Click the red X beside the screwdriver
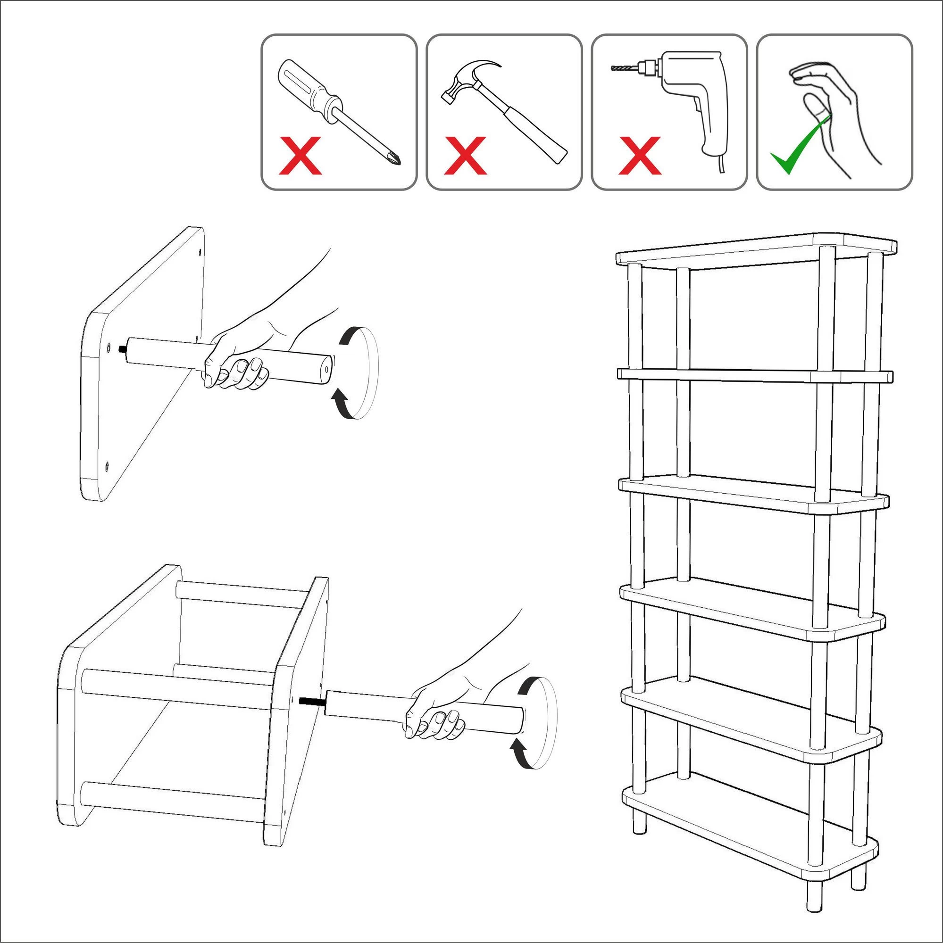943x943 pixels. click(300, 156)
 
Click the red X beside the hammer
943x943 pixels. click(465, 156)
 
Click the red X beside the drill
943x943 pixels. click(639, 156)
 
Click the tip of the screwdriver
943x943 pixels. click(398, 160)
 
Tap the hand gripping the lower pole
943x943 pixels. click(434, 718)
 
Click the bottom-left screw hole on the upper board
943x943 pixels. click(107, 465)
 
